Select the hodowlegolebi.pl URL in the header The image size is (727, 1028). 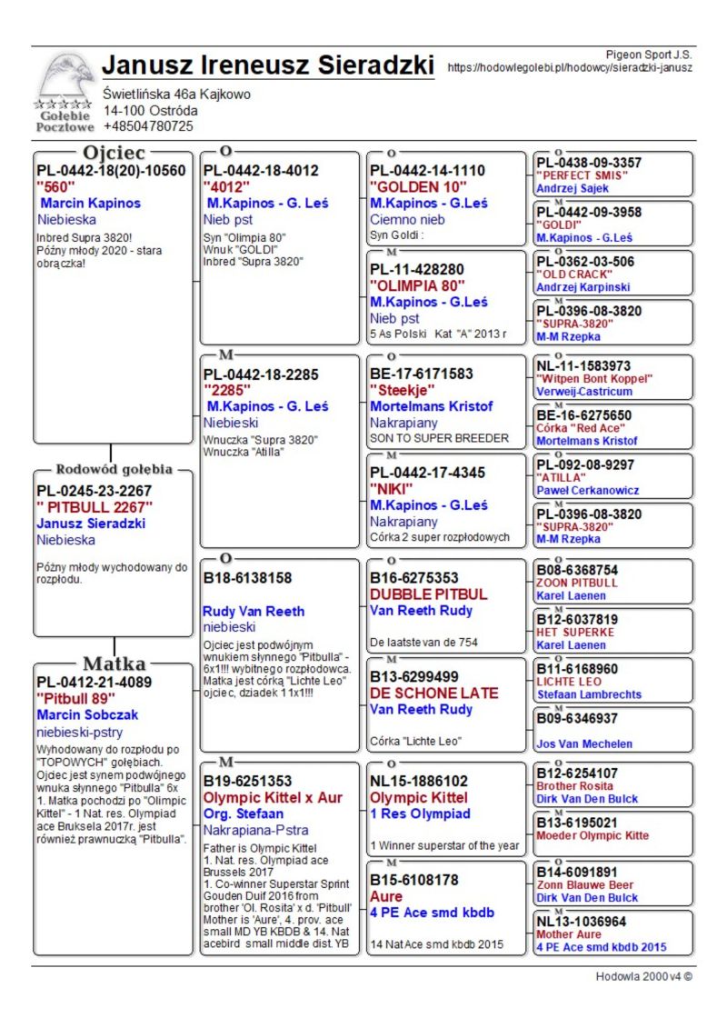tap(570, 67)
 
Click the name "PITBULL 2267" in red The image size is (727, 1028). tap(95, 507)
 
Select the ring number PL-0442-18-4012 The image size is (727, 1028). tap(261, 170)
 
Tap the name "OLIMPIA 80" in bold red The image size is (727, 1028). tap(415, 285)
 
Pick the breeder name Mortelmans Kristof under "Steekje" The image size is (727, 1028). tap(432, 406)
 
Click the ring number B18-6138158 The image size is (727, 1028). tap(247, 577)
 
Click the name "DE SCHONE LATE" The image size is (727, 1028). tap(434, 693)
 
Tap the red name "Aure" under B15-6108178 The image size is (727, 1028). tap(386, 896)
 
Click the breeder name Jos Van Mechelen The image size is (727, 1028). tap(584, 744)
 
